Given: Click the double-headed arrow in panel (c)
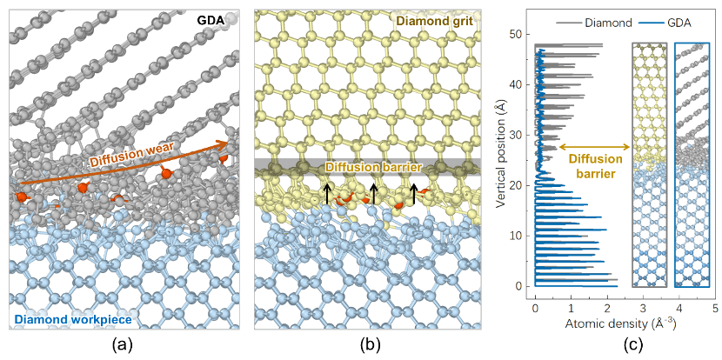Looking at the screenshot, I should (595, 148).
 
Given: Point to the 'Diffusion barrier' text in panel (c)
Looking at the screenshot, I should (596, 166).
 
